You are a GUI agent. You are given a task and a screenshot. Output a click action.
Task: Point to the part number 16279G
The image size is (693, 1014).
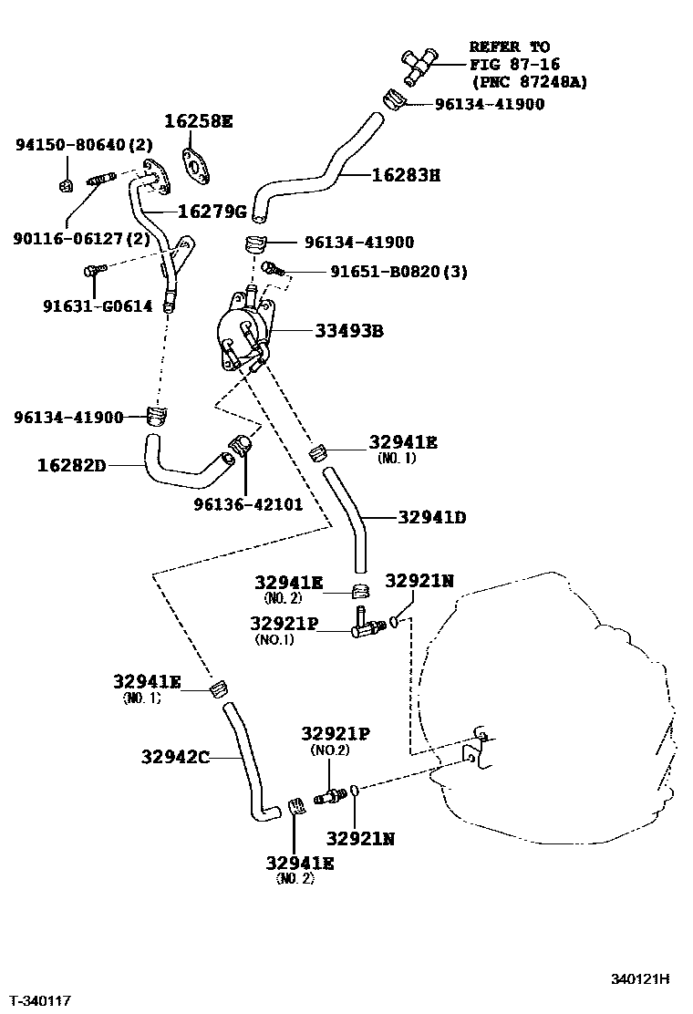212,212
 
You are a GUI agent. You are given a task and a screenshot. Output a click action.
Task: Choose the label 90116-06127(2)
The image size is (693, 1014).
81,238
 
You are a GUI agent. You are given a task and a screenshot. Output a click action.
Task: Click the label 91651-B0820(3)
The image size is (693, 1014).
386,272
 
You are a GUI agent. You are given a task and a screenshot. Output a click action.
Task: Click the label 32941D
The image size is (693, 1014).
432,517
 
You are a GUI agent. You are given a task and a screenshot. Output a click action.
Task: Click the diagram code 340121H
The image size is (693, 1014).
640,979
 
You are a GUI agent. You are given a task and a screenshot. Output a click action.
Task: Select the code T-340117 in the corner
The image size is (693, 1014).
38,1001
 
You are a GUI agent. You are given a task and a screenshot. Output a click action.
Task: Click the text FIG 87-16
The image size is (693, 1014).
514,64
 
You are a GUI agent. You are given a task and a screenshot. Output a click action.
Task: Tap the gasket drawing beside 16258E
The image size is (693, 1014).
194,165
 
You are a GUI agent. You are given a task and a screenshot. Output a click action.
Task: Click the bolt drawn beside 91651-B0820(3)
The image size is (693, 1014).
272,268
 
